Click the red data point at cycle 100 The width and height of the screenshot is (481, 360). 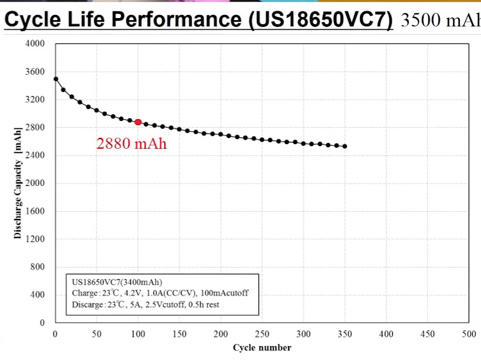138,122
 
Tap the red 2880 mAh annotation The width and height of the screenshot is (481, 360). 131,144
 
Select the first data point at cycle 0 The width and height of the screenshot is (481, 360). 55,79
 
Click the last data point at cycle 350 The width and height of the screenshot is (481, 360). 345,146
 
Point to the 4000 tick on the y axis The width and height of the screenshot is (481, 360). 35,44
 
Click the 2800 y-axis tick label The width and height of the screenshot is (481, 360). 35,128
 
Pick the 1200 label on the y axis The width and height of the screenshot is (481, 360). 35,239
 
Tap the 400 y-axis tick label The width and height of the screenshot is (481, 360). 37,295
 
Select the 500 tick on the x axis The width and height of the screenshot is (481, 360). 469,334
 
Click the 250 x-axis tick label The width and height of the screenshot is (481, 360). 262,334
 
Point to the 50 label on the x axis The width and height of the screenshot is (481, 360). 97,334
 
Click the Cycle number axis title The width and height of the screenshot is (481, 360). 262,348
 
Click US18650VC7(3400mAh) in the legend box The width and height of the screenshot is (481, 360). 117,282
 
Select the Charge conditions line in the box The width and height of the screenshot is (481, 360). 160,293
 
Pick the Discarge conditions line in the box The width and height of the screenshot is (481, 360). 145,304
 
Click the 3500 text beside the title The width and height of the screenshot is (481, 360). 419,20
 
